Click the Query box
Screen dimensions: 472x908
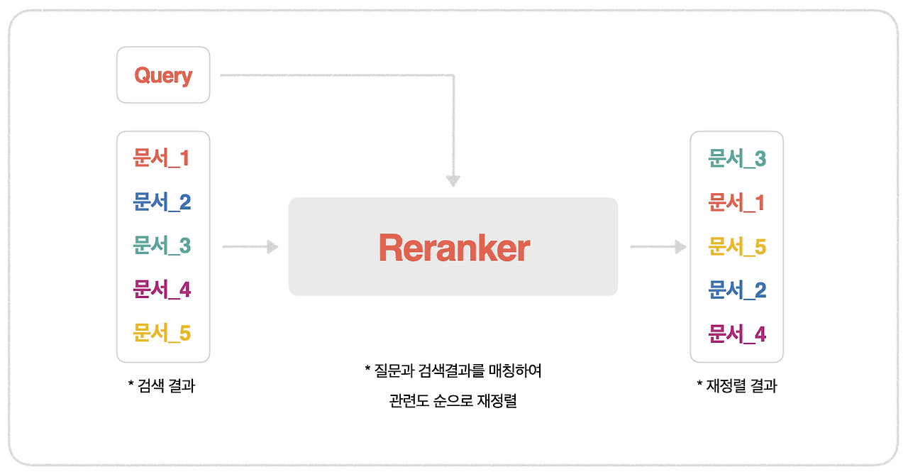pyautogui.click(x=163, y=75)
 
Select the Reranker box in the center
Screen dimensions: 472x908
pyautogui.click(x=453, y=246)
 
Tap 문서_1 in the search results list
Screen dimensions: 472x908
pyautogui.click(x=162, y=158)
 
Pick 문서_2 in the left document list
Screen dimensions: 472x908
pyautogui.click(x=162, y=202)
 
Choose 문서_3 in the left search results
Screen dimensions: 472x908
pyautogui.click(x=162, y=246)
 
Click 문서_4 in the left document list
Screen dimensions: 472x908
pyautogui.click(x=162, y=290)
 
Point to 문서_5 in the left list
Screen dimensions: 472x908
pyautogui.click(x=162, y=334)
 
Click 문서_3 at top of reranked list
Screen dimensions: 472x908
pyautogui.click(x=737, y=159)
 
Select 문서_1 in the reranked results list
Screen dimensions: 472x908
pyautogui.click(x=737, y=203)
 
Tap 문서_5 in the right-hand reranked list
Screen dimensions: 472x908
pyautogui.click(x=737, y=247)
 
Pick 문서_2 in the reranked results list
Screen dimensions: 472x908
pyautogui.click(x=737, y=290)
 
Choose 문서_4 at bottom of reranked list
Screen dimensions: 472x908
pyautogui.click(x=737, y=334)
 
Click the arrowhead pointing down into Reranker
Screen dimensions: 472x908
pyautogui.click(x=453, y=180)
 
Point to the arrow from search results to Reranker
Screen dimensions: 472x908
pyautogui.click(x=250, y=247)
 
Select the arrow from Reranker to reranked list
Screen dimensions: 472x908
pyautogui.click(x=658, y=247)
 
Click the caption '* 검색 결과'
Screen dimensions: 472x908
pyautogui.click(x=162, y=386)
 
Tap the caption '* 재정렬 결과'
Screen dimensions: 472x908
pyautogui.click(x=737, y=386)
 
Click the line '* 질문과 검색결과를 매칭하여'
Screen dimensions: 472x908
pyautogui.click(x=453, y=371)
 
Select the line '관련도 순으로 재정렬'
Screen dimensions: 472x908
pyautogui.click(x=453, y=401)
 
